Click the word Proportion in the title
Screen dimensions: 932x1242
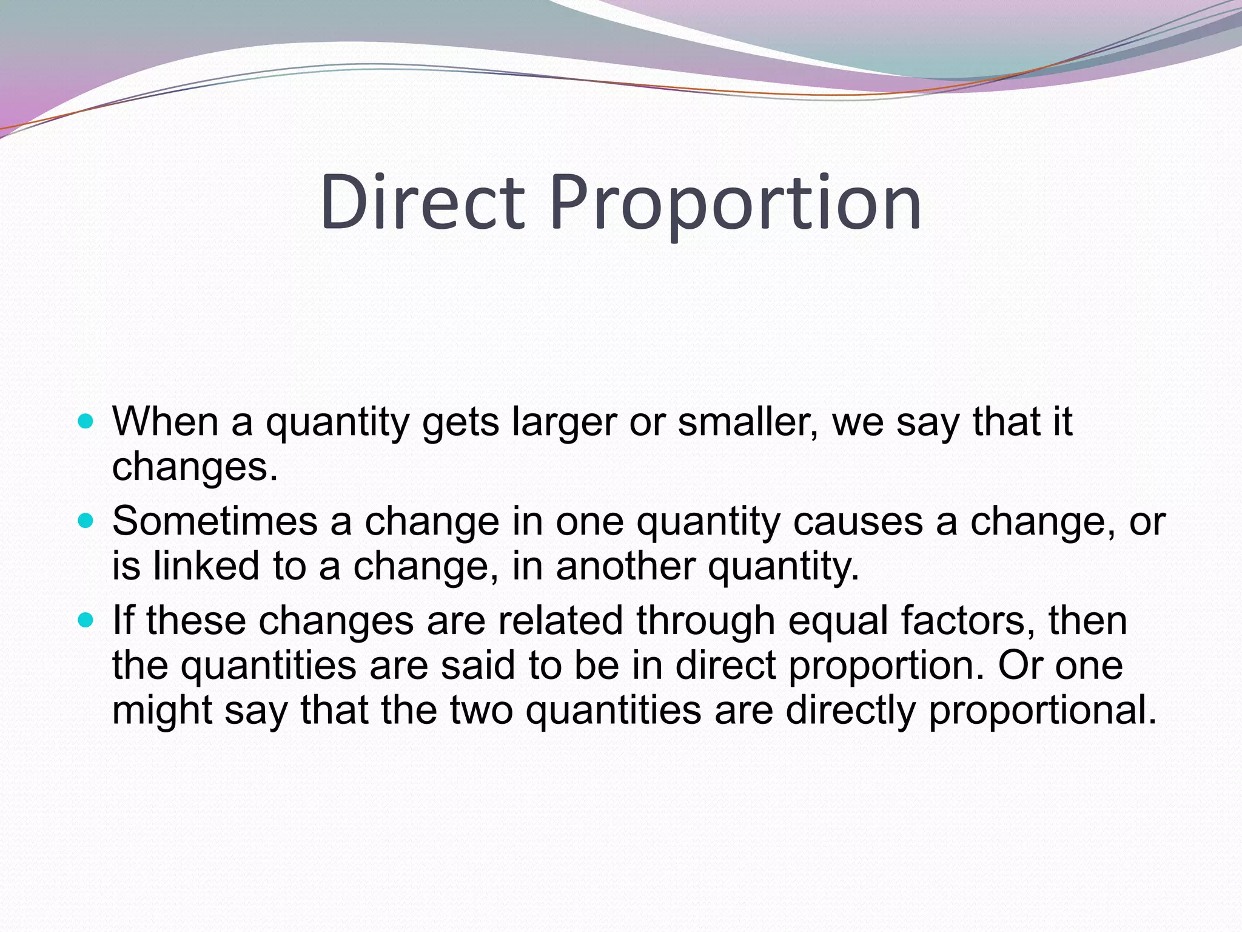point(736,203)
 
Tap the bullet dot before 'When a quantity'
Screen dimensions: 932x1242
point(86,420)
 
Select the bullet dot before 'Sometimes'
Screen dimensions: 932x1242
point(86,520)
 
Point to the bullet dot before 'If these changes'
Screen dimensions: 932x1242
point(86,620)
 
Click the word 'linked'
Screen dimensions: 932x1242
point(206,566)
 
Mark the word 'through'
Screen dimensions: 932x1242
point(705,622)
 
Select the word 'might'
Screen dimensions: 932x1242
point(162,711)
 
